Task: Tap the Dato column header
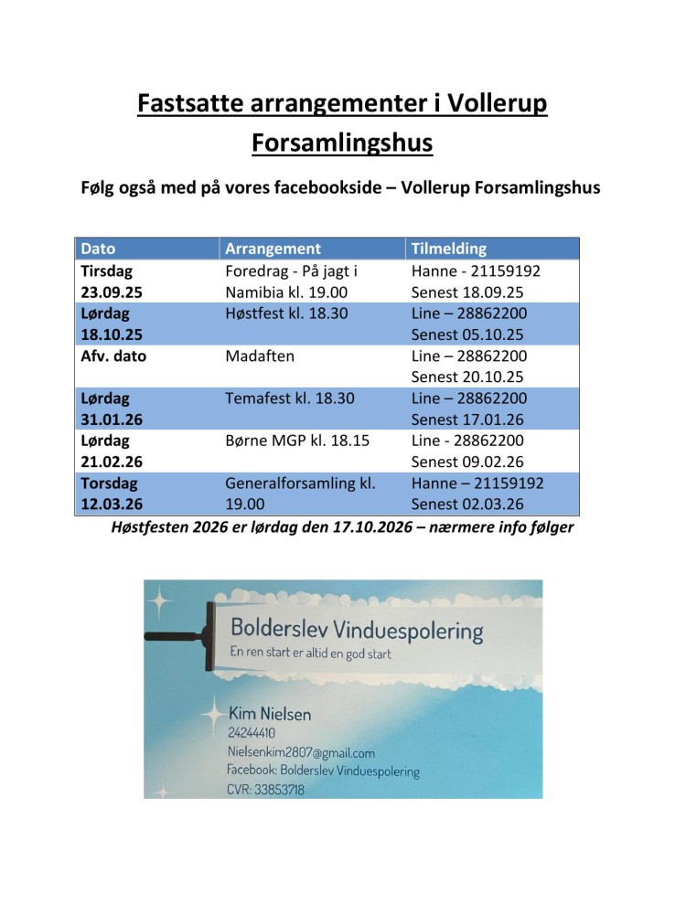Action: pyautogui.click(x=99, y=249)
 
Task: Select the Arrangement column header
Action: pyautogui.click(x=273, y=249)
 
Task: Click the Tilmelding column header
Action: pyautogui.click(x=449, y=249)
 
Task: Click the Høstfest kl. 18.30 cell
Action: pyautogui.click(x=284, y=314)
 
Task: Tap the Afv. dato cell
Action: pyautogui.click(x=113, y=356)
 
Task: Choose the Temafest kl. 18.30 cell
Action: pyautogui.click(x=289, y=399)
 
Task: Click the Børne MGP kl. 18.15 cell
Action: pyautogui.click(x=297, y=441)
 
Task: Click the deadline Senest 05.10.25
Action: pyautogui.click(x=468, y=335)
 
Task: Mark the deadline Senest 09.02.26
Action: pyautogui.click(x=468, y=462)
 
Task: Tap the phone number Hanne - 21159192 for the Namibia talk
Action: pyautogui.click(x=476, y=271)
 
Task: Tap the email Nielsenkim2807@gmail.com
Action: pyautogui.click(x=301, y=752)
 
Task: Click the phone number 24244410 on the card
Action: pyautogui.click(x=252, y=733)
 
